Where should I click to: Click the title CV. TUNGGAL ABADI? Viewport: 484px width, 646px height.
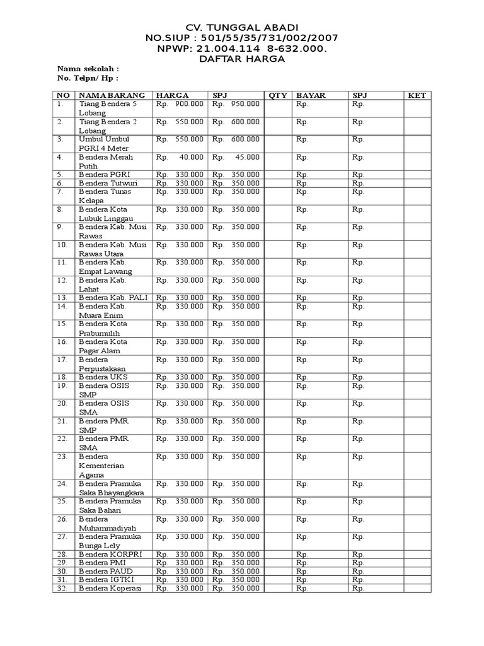(242, 28)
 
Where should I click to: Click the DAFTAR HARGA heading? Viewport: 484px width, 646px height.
(242, 59)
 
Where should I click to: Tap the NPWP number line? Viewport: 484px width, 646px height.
(242, 49)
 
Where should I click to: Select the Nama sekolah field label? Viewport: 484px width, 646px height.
(88, 69)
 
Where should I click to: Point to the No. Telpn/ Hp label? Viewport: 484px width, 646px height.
(88, 78)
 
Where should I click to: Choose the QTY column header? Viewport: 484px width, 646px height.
(278, 95)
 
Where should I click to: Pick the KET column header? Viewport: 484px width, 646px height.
(417, 95)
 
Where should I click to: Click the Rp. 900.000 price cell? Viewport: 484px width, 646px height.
(180, 104)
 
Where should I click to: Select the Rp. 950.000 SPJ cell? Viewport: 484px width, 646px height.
(236, 104)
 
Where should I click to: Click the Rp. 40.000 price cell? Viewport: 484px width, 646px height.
(180, 157)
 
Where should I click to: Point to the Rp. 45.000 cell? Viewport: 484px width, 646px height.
(236, 157)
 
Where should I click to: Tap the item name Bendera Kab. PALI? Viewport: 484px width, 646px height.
(111, 297)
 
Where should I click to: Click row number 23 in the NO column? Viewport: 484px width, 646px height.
(62, 456)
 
